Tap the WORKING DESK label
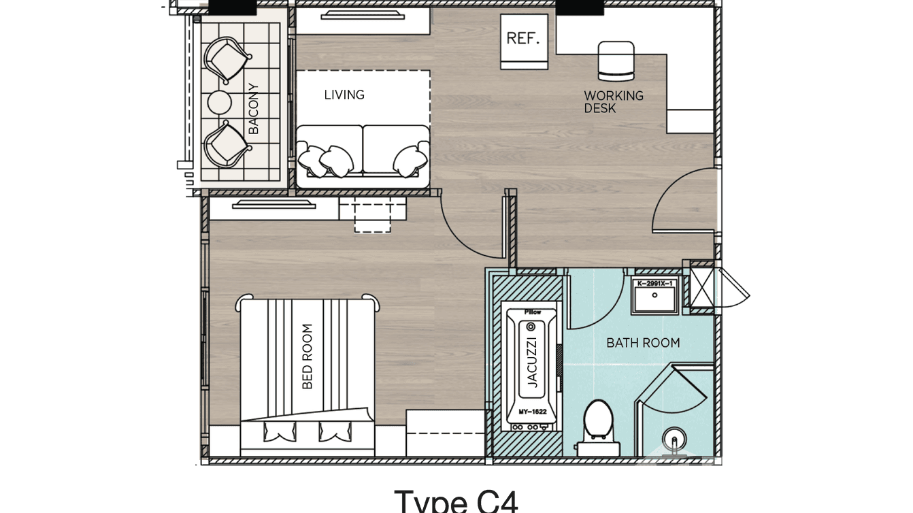point(613,101)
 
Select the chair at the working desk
point(616,59)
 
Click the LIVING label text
point(344,95)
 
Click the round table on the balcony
point(220,102)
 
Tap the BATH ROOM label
point(643,343)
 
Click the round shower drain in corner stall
point(674,436)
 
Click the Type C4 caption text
point(456,501)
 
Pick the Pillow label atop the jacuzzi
point(532,312)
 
